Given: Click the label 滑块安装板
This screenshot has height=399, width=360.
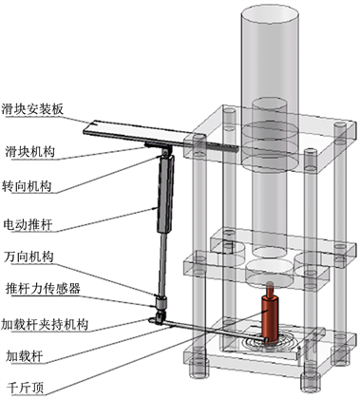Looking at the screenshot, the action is coord(32,108).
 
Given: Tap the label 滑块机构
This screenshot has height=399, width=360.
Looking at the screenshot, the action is coord(29,152).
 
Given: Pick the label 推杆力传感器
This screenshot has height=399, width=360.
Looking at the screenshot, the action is coord(43,289).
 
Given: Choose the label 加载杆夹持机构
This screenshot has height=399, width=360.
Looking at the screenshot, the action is coord(45,324).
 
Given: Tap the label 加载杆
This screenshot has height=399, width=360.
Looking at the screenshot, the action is coord(24,357).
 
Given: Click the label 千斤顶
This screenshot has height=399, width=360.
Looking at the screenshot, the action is coord(25,388).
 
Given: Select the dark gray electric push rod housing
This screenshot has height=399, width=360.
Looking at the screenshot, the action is coord(165,194).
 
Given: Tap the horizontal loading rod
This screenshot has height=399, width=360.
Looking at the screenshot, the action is coord(212,331).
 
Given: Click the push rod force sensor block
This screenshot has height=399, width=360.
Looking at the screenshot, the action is coord(161,303).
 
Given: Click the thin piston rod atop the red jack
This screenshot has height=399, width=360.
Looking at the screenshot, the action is coord(270,289).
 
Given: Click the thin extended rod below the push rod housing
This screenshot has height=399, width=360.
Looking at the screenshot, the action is coord(162,264).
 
